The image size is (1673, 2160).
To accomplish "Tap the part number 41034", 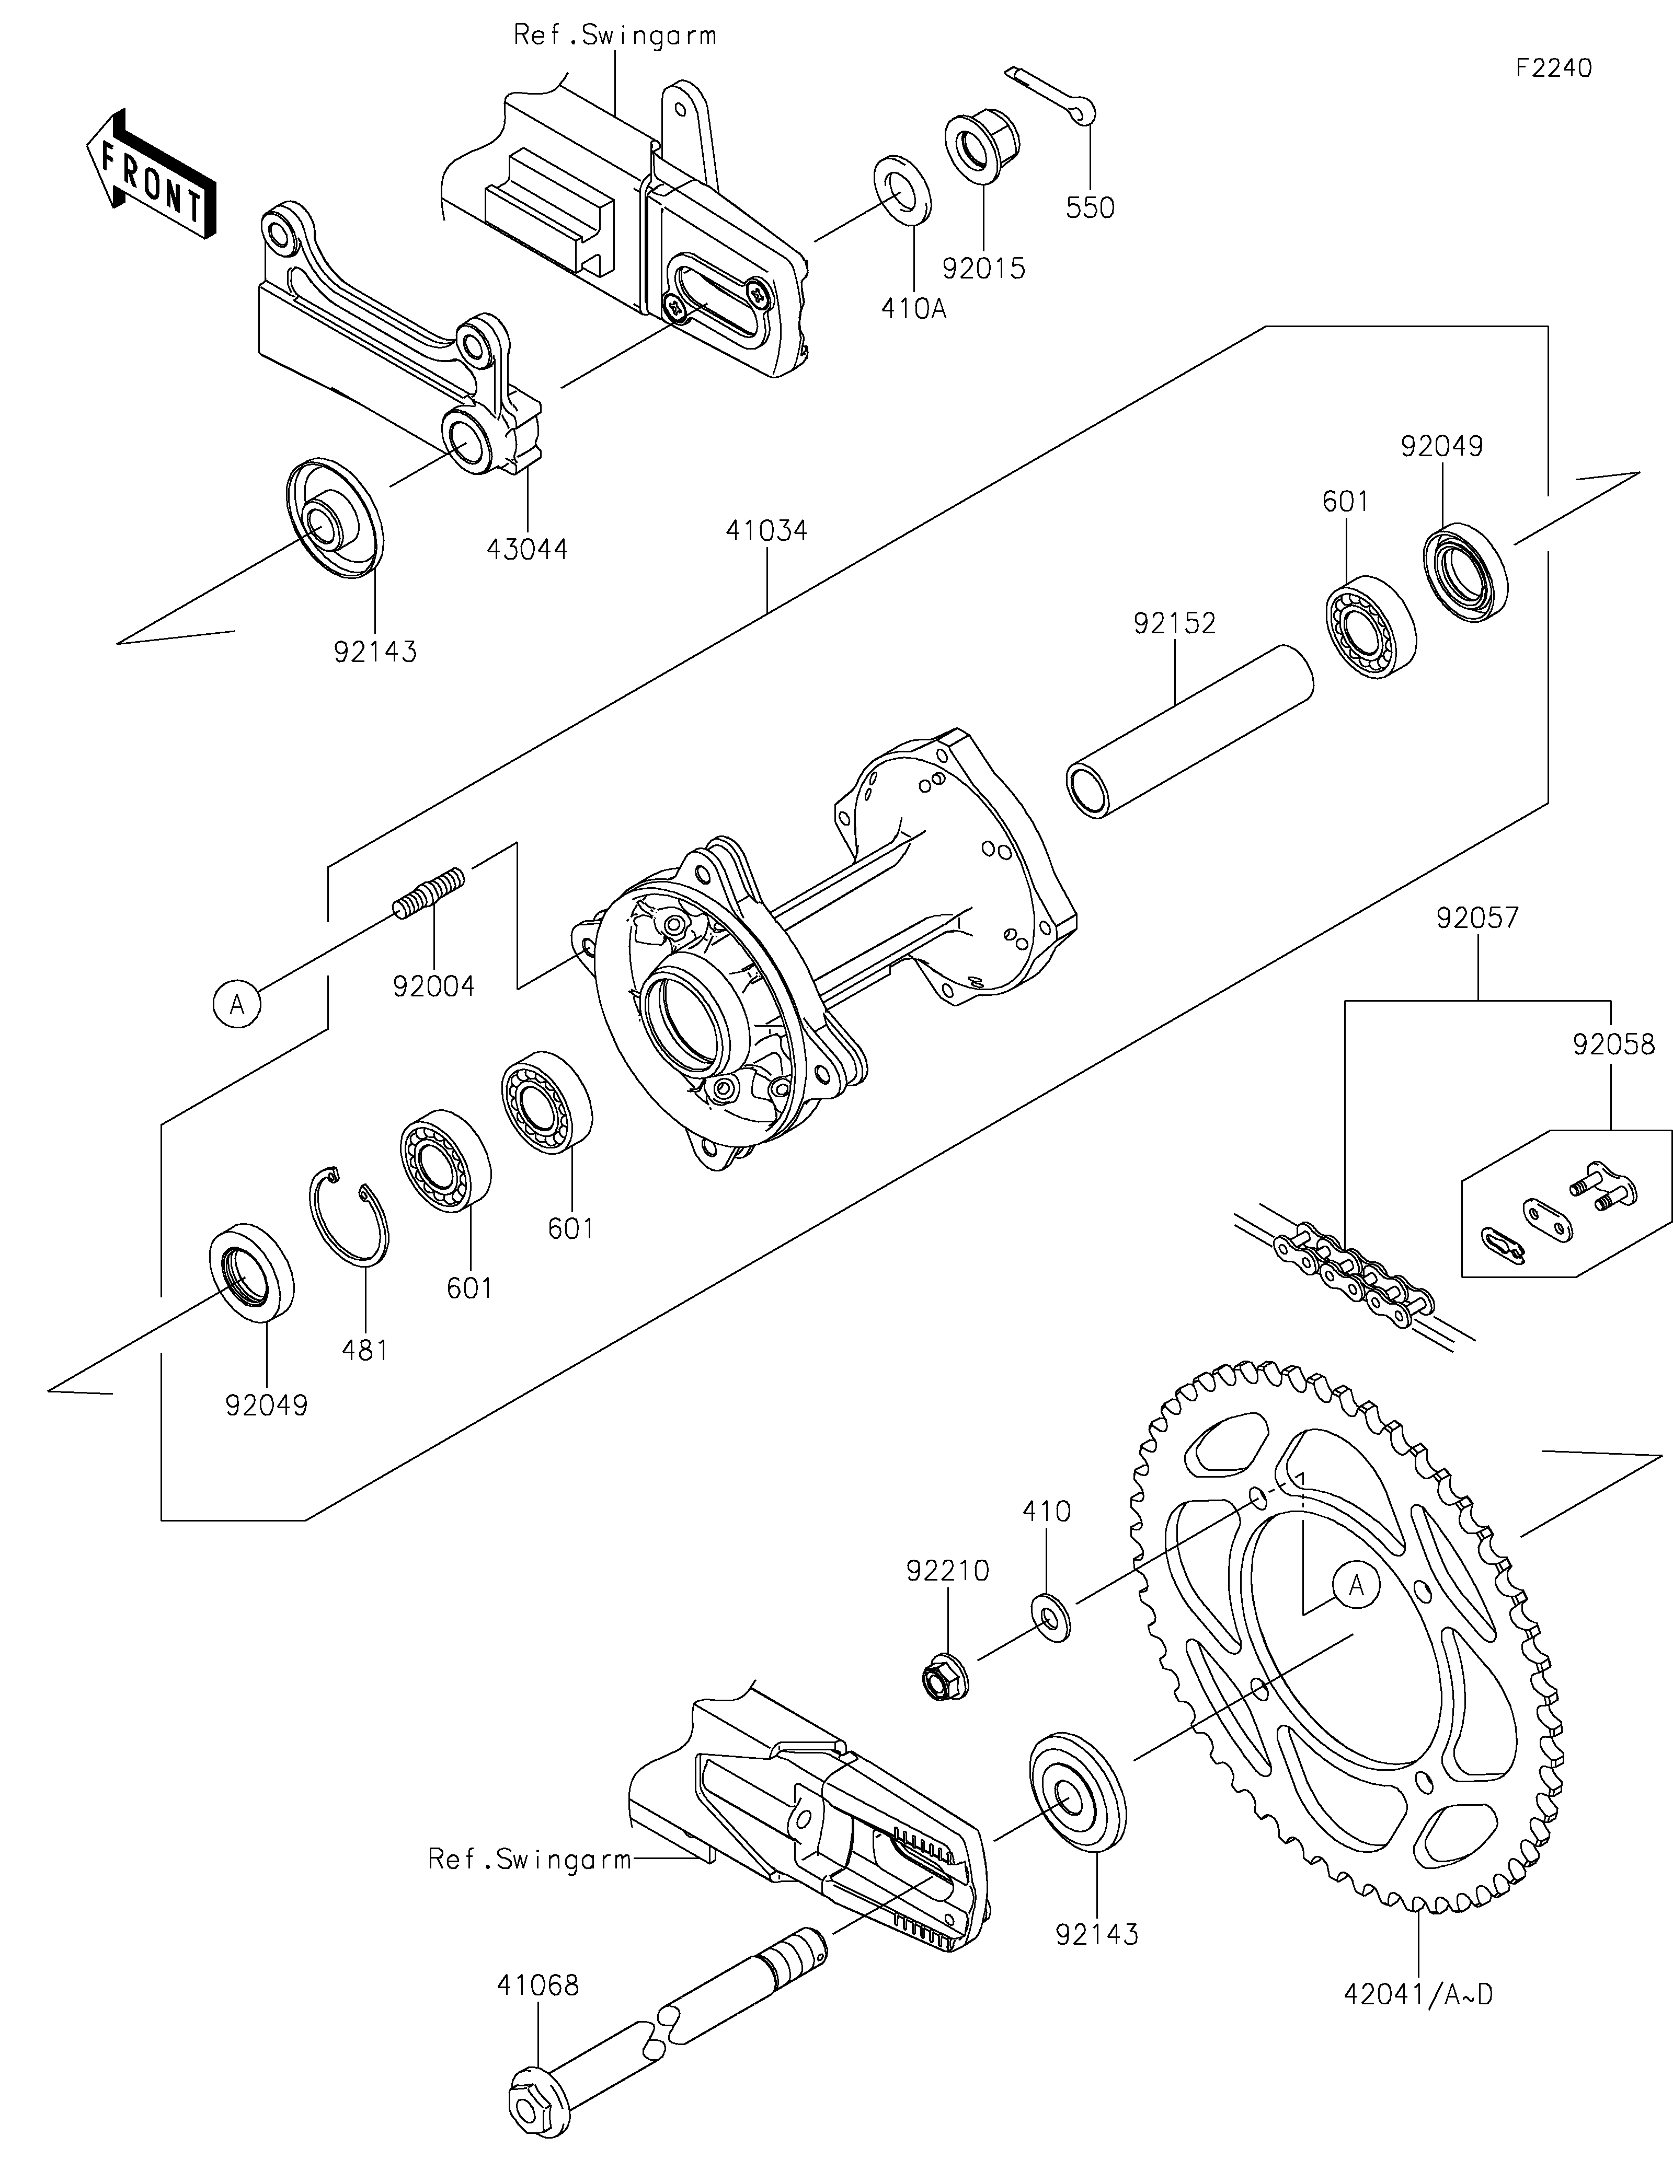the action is pyautogui.click(x=767, y=531).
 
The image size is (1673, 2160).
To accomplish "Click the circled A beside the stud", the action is pyautogui.click(x=236, y=1005).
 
